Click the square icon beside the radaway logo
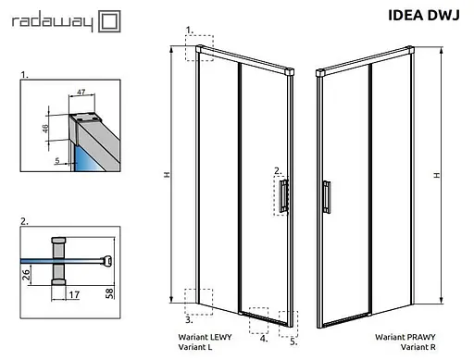click(x=109, y=19)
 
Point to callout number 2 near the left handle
click(x=277, y=170)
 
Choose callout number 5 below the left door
click(x=293, y=340)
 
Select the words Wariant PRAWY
click(x=400, y=338)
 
